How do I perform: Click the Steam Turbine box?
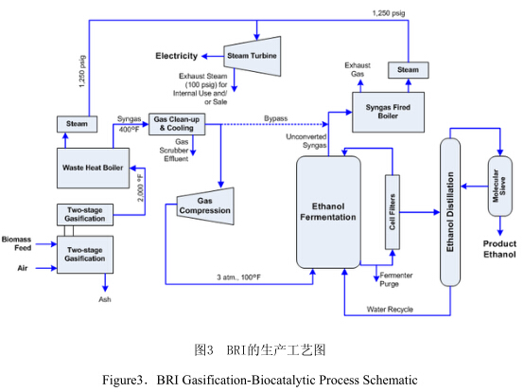[x=252, y=56]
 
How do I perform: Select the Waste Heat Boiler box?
[x=93, y=168]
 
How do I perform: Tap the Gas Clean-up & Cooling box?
[x=177, y=124]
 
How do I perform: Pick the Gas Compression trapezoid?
[x=205, y=206]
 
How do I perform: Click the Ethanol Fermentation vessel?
[x=328, y=212]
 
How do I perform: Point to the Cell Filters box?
[x=393, y=212]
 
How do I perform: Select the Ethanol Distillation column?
[x=450, y=212]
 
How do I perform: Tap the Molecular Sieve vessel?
[x=500, y=186]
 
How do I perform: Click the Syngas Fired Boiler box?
[x=389, y=112]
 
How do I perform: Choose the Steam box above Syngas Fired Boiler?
[x=408, y=70]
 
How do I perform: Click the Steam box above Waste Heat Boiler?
[x=77, y=124]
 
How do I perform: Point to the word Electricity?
[x=177, y=56]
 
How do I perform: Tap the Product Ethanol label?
[x=499, y=249]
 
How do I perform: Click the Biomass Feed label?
[x=16, y=243]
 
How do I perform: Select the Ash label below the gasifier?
[x=105, y=299]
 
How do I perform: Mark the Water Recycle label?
[x=390, y=310]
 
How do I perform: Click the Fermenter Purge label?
[x=396, y=279]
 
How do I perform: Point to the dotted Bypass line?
[x=274, y=124]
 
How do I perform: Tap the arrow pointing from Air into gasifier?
[x=46, y=268]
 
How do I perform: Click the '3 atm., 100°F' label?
[x=238, y=277]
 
